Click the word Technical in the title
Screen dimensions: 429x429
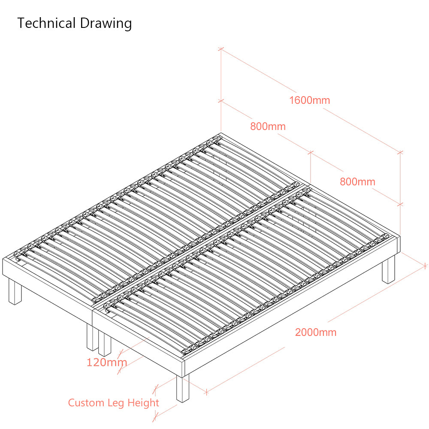coord(46,23)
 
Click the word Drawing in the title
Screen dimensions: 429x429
coord(106,24)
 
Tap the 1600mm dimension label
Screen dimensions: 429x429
coord(310,100)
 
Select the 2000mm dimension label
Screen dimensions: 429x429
coord(316,332)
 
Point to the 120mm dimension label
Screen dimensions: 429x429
coord(107,362)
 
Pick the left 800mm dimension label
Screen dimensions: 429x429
coord(268,127)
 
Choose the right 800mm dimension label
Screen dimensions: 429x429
coord(357,181)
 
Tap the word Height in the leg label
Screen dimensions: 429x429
coord(143,403)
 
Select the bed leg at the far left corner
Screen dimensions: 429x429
coord(15,291)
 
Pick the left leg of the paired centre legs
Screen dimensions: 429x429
coord(93,337)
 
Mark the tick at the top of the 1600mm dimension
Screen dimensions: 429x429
coord(221,49)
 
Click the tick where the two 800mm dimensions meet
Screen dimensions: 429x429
coord(311,152)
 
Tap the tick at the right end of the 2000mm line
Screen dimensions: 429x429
coord(425,266)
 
